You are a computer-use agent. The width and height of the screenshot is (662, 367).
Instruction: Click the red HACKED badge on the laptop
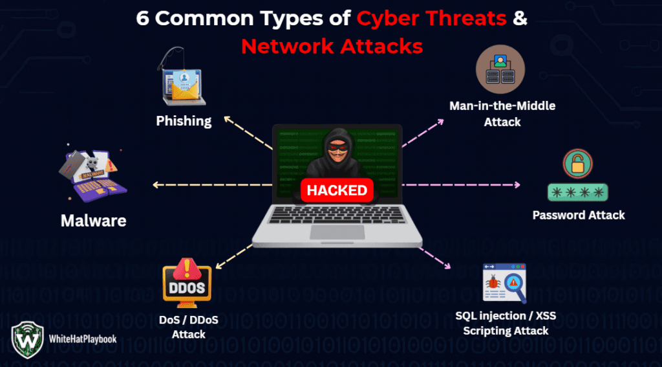(337, 190)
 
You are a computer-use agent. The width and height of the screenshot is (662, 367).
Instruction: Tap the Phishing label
(184, 120)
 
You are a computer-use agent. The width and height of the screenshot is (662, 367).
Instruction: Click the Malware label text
(93, 221)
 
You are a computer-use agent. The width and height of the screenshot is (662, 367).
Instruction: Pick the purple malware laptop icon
(94, 175)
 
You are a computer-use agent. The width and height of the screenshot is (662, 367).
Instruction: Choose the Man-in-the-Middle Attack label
(502, 113)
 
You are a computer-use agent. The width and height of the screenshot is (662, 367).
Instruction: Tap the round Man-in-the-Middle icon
(500, 69)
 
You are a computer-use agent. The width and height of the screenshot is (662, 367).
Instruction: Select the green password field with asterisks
(578, 192)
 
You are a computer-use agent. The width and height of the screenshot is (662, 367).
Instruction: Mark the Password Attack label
(579, 215)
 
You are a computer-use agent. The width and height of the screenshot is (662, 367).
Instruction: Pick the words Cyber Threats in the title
(431, 19)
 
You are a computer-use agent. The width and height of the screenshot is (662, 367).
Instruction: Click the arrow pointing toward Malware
(213, 186)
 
